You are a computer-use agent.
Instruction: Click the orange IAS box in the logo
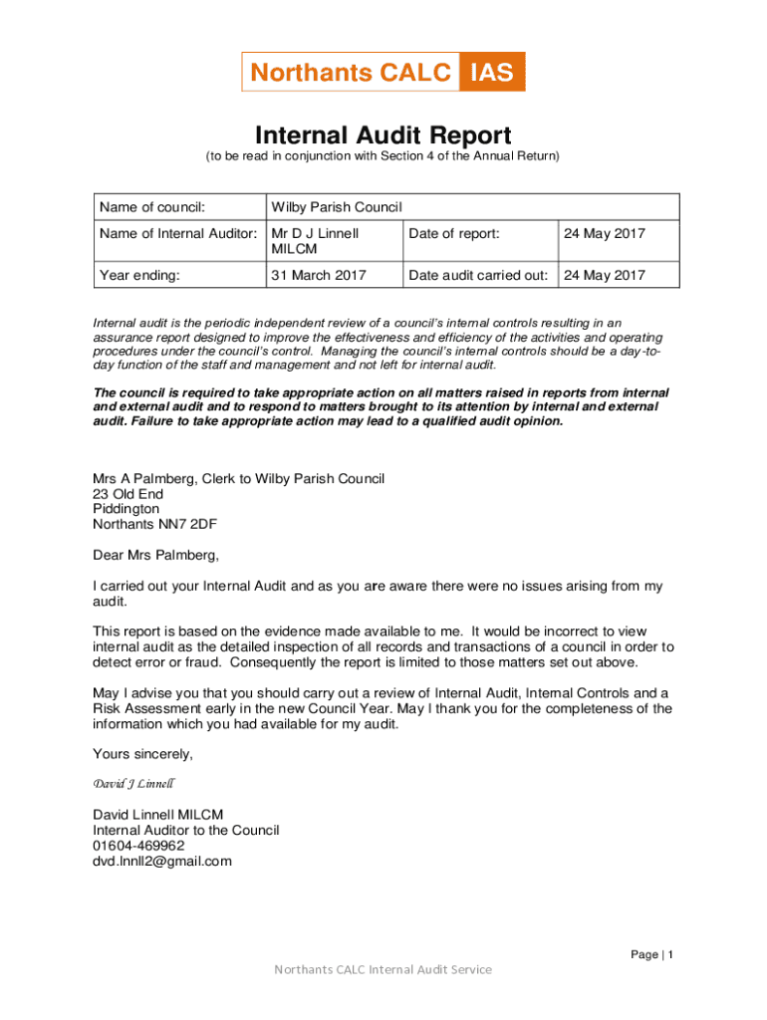492,72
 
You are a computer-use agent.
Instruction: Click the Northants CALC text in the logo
351,72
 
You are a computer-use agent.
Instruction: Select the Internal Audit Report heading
383,134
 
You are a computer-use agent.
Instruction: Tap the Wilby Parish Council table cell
336,207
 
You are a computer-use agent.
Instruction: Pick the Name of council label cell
152,207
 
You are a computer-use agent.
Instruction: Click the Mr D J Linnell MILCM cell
315,241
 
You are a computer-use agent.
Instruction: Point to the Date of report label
454,233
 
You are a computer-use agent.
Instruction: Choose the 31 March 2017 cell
319,275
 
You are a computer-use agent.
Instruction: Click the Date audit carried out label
478,275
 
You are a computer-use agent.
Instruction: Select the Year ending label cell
139,275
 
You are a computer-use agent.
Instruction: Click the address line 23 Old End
128,494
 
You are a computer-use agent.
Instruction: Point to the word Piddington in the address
127,509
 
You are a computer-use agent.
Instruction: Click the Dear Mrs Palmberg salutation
155,555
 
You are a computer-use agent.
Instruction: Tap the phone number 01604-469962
139,846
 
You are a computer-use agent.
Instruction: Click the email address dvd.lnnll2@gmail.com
162,862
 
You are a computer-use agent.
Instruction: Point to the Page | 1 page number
652,954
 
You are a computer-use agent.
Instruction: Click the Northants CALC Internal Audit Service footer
383,969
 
